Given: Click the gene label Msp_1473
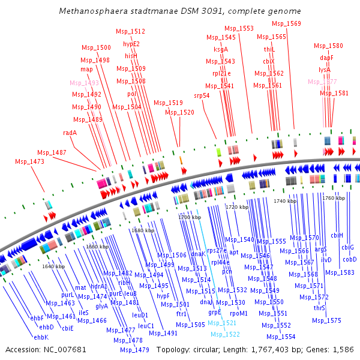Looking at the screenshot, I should pyautogui.click(x=30, y=161).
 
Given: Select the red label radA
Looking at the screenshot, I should pyautogui.click(x=70, y=133).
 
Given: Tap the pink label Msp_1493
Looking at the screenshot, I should pyautogui.click(x=84, y=83).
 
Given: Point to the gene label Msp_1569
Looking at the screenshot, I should pyautogui.click(x=287, y=23).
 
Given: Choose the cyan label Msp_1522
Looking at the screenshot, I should pyautogui.click(x=224, y=334).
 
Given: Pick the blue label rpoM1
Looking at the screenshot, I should pyautogui.click(x=239, y=313).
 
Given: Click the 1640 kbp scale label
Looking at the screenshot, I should pyautogui.click(x=53, y=266).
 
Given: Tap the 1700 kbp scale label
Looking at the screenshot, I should pyautogui.click(x=189, y=217).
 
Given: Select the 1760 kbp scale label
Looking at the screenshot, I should pyautogui.click(x=334, y=197).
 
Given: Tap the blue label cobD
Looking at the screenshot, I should pyautogui.click(x=350, y=259).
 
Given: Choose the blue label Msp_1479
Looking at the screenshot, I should pyautogui.click(x=134, y=350).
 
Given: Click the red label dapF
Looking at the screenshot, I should pyautogui.click(x=326, y=58).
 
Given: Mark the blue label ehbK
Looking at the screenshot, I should pyautogui.click(x=41, y=337).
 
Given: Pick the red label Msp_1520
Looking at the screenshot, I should pyautogui.click(x=180, y=112).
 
